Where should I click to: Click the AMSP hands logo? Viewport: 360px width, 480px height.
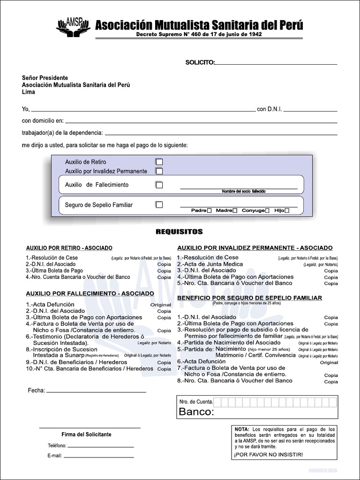point(73,27)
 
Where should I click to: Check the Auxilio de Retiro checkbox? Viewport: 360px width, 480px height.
point(159,162)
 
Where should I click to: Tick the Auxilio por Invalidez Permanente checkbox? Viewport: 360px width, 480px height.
point(159,171)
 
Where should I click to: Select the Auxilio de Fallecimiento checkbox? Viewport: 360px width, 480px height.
point(159,185)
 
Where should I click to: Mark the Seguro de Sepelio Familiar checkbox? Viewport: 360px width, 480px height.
point(159,205)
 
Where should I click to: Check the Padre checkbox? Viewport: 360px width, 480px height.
point(210,211)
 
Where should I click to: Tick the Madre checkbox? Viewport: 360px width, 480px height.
point(235,211)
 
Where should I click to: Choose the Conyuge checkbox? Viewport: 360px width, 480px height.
point(267,211)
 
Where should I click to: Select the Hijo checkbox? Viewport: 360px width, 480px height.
point(287,211)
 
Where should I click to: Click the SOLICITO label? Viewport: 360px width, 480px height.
point(200,62)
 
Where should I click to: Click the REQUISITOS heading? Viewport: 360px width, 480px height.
point(179,232)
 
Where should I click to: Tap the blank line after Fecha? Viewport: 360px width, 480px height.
point(96,391)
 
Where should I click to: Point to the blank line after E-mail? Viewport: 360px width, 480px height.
point(98,456)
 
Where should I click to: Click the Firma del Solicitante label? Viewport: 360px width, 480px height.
point(87,435)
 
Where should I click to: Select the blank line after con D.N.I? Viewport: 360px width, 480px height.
point(310,111)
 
